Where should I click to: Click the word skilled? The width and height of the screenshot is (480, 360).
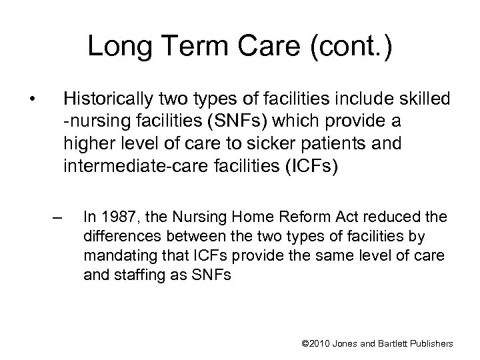[426, 100]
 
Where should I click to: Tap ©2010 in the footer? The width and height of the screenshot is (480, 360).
[317, 343]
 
